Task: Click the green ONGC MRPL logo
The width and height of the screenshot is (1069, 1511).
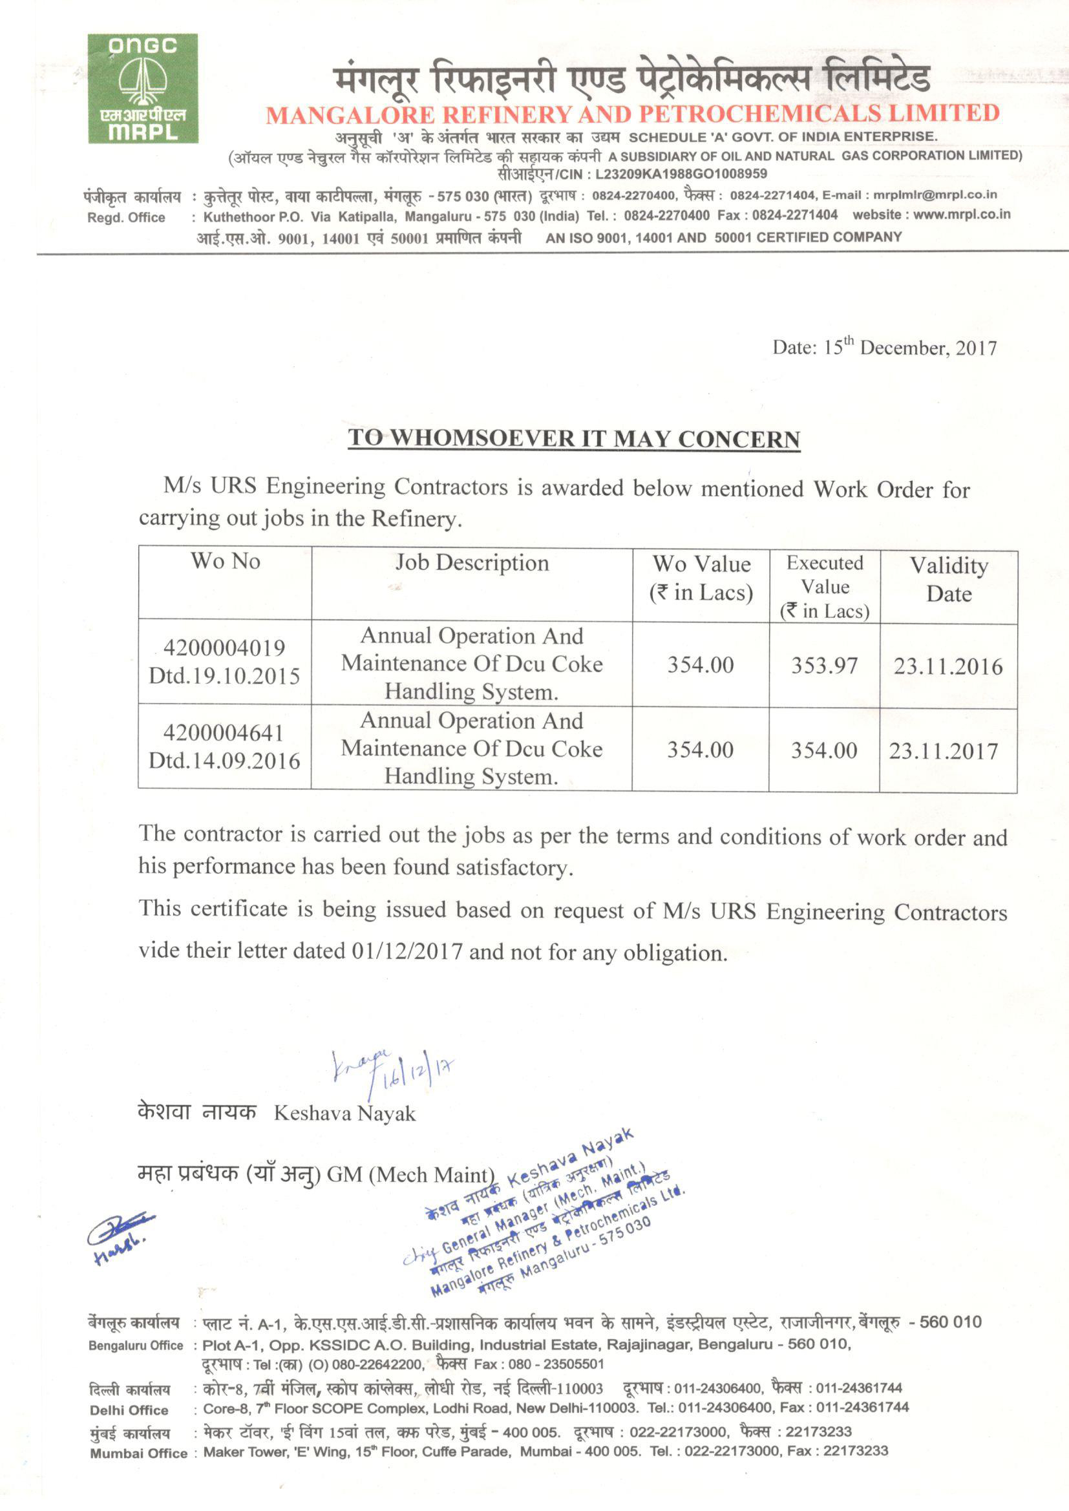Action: click(x=143, y=88)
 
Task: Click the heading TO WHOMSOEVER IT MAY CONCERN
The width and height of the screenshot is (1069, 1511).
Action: click(x=574, y=438)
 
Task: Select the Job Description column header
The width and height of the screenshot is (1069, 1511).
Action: click(x=471, y=563)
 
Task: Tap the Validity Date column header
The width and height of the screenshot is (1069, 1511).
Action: click(x=949, y=579)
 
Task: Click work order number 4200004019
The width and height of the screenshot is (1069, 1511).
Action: click(x=224, y=648)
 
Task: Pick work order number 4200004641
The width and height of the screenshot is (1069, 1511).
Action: click(x=224, y=733)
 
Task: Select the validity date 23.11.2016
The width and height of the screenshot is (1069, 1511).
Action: click(x=948, y=667)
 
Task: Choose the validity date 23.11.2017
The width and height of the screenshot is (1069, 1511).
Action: click(x=943, y=751)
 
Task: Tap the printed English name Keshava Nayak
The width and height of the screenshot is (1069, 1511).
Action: click(x=344, y=1114)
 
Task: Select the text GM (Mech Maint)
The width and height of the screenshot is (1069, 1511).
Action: click(x=410, y=1175)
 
